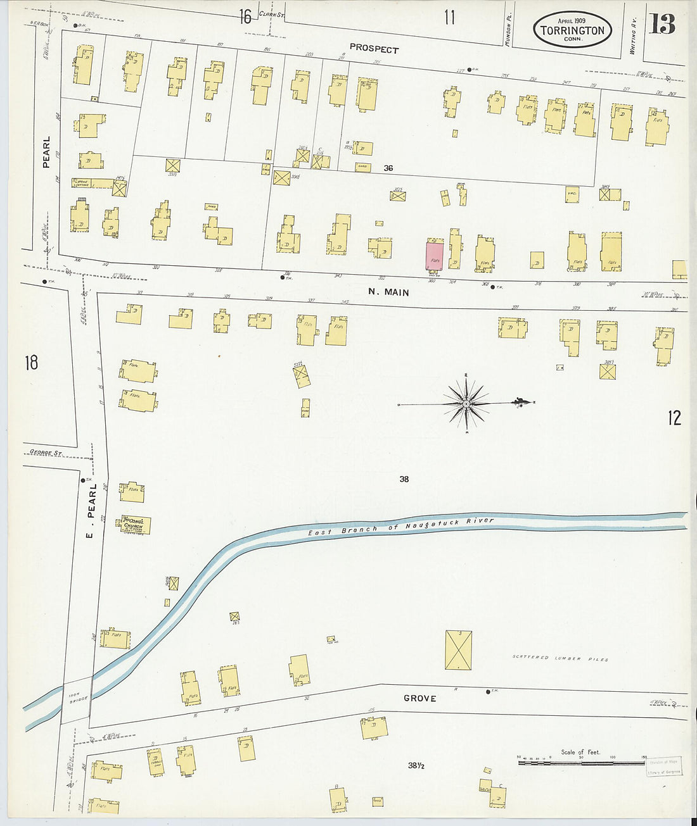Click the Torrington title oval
point(572,29)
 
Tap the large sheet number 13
point(662,24)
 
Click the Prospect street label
point(374,49)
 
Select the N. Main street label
point(388,292)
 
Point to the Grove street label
point(419,698)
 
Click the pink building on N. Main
point(434,256)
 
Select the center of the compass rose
point(466,403)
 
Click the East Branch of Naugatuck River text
point(400,527)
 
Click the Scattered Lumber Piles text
point(560,659)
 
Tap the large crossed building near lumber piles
point(458,650)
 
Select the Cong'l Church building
point(133,525)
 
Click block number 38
point(404,479)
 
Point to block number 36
point(388,168)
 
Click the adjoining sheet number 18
point(31,363)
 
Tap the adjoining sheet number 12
point(674,418)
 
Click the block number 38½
point(416,766)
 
